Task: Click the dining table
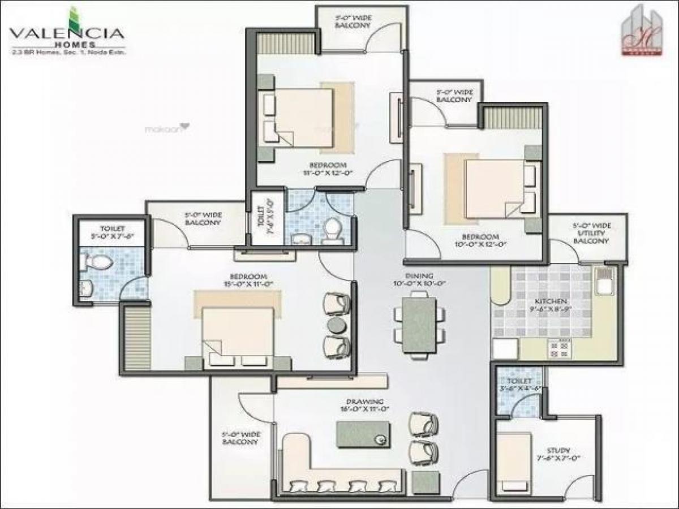coord(419,325)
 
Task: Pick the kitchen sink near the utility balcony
coord(604,281)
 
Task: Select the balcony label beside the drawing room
coord(240,438)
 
